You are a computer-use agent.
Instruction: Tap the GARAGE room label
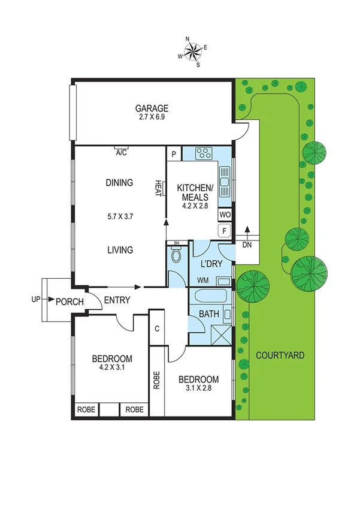point(152,109)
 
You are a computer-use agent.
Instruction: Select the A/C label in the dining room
point(121,153)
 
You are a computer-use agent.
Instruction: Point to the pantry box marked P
point(174,154)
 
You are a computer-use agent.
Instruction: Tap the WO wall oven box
point(225,214)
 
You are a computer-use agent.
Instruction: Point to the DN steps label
point(247,245)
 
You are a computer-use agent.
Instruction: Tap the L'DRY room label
point(211,264)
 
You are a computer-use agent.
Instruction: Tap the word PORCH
point(70,301)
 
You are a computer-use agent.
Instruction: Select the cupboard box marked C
point(156,328)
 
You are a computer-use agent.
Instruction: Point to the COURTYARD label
point(280,355)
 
